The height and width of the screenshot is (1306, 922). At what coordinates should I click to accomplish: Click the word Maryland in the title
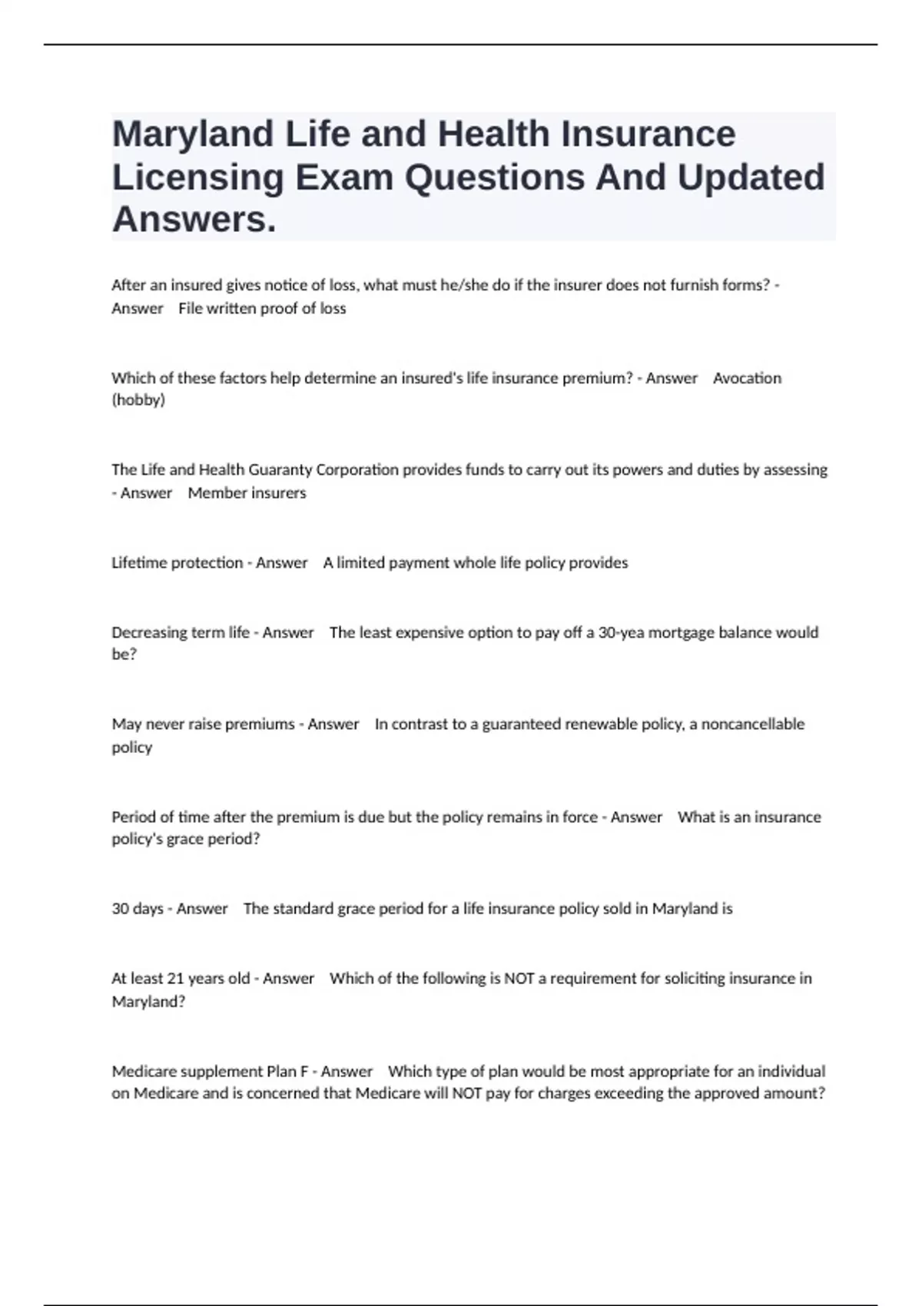(x=194, y=134)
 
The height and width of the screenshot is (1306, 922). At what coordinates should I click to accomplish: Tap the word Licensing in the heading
(x=198, y=177)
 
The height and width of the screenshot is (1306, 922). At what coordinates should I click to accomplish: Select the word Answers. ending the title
(x=194, y=220)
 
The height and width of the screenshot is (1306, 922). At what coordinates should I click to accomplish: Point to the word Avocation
(x=747, y=378)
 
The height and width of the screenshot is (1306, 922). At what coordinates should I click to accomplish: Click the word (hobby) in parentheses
(x=138, y=400)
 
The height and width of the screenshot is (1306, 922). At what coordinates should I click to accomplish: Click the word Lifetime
(x=139, y=563)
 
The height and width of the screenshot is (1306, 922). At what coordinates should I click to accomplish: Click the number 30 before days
(x=120, y=909)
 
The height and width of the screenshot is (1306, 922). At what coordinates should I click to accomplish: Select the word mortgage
(x=675, y=633)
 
